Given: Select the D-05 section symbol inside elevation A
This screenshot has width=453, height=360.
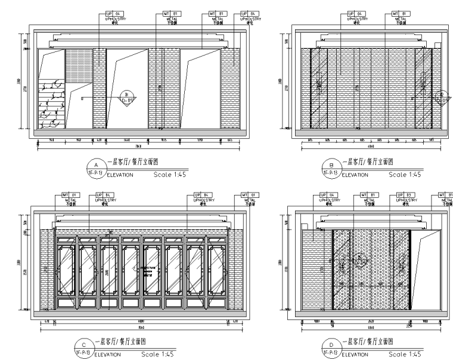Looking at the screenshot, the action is click(x=127, y=95).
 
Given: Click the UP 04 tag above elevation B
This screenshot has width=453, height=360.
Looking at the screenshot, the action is click(x=349, y=13).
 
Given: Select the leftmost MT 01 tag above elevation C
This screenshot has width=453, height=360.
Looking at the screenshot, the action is click(x=67, y=194).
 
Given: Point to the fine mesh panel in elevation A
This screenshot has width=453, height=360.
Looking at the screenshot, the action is click(x=78, y=65).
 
